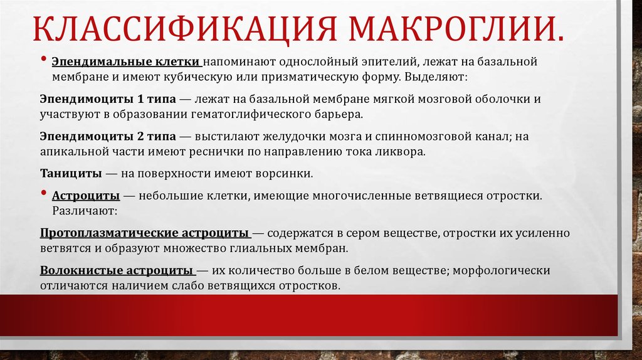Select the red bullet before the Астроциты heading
point(43,194)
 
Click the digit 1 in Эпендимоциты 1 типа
point(139,100)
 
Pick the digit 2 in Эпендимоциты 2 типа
point(139,136)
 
